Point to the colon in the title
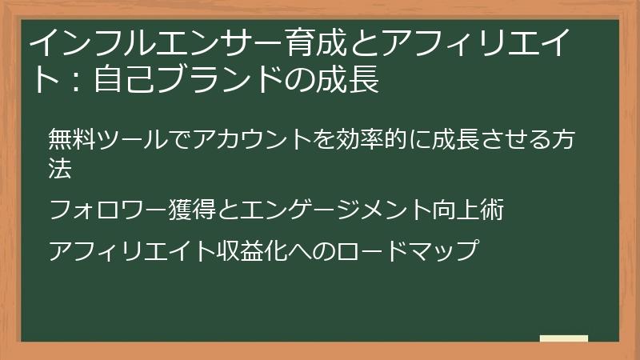click(76, 80)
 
